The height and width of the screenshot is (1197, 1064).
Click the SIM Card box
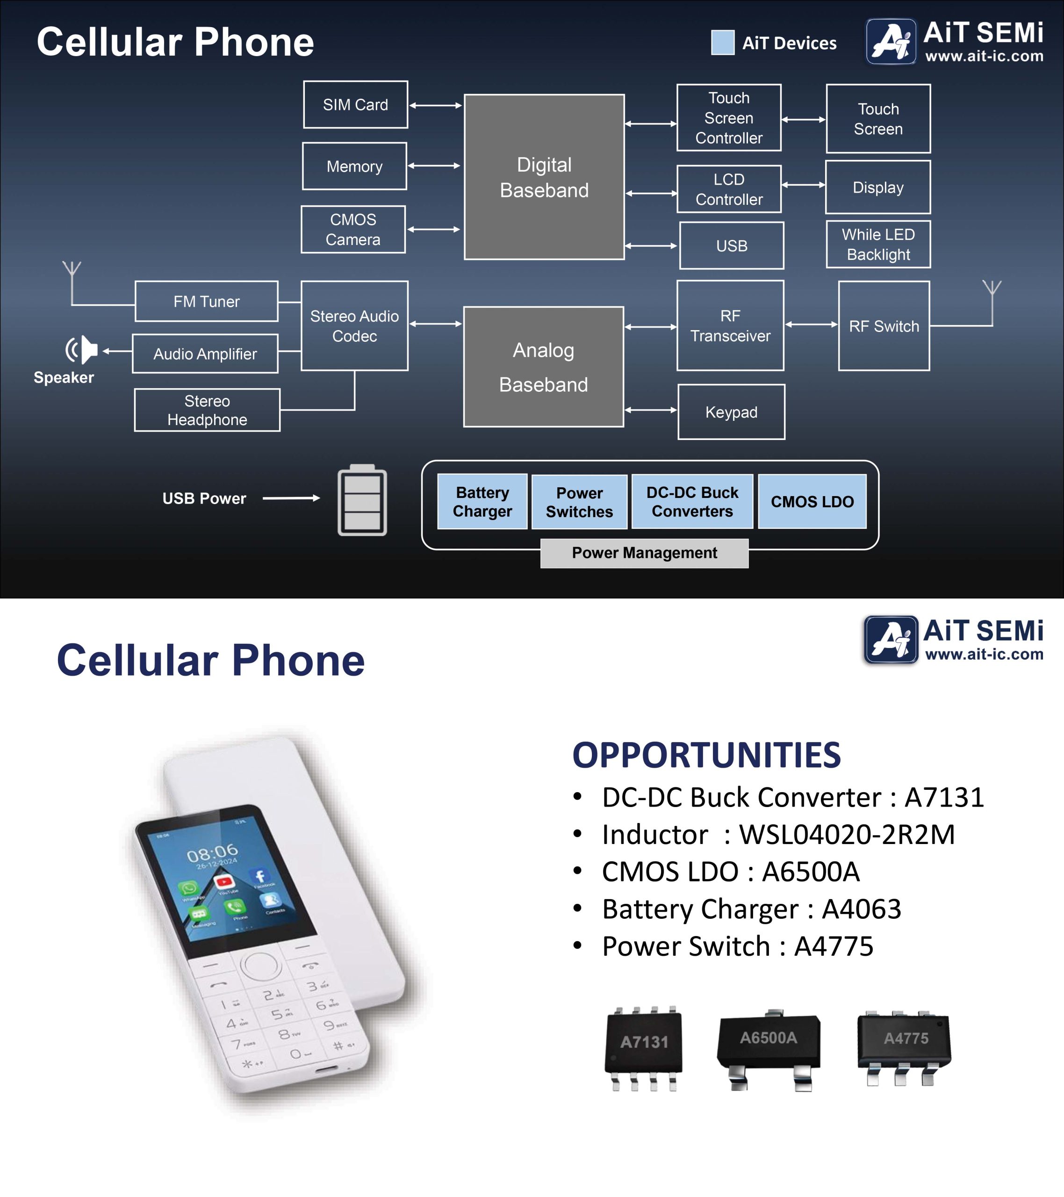click(x=355, y=105)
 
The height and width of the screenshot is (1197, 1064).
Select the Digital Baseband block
click(x=544, y=177)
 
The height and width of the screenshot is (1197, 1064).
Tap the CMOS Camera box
click(x=353, y=230)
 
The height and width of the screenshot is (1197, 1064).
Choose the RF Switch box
click(x=884, y=326)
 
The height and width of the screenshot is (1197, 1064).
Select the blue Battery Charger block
click(x=482, y=502)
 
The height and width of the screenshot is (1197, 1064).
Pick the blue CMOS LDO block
click(x=812, y=502)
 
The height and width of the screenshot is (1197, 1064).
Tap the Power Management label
click(x=644, y=553)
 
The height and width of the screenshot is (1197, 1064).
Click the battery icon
click(x=362, y=500)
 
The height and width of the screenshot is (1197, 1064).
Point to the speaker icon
click(x=82, y=350)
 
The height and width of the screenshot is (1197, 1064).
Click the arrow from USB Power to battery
click(x=291, y=498)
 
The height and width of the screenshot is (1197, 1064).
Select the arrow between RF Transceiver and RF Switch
click(x=811, y=324)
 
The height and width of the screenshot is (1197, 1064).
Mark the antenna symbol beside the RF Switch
click(x=992, y=290)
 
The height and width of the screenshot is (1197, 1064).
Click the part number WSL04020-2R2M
click(x=847, y=835)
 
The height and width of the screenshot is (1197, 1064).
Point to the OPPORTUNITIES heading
click(x=706, y=756)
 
